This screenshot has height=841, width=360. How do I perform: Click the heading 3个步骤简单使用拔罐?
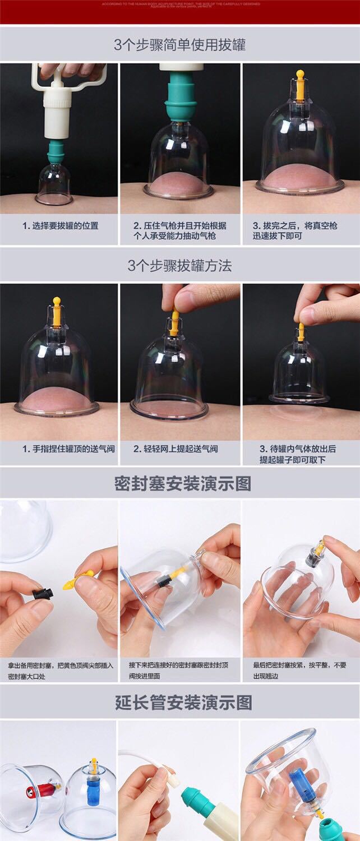[179, 45]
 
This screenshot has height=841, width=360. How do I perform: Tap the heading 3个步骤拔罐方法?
[179, 265]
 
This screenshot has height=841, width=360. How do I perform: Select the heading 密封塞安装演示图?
[182, 484]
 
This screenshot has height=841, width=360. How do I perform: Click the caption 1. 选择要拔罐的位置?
[60, 226]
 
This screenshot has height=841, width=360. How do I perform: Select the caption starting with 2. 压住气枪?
[179, 230]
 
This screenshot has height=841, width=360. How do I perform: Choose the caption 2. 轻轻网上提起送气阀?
[176, 449]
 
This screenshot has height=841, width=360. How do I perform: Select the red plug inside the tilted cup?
[33, 792]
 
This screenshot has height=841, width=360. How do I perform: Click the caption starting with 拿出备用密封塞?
[60, 671]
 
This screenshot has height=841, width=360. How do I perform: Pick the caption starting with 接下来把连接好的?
[179, 671]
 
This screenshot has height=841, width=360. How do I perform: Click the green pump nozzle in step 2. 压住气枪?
[179, 98]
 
